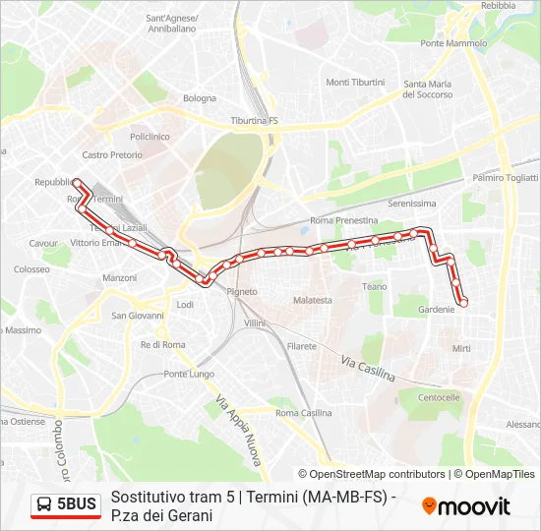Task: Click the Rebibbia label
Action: (499, 6)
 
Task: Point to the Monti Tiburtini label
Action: (355, 82)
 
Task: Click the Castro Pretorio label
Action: (111, 155)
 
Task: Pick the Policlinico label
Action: (150, 137)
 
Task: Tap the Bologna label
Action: (199, 98)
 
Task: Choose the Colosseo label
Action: (31, 268)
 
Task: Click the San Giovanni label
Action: (137, 316)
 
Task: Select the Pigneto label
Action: (242, 292)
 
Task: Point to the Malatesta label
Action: (313, 300)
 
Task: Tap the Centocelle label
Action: (439, 397)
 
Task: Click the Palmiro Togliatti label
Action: (505, 178)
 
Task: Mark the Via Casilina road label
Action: (368, 371)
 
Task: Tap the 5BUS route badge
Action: (66, 504)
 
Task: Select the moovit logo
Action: (466, 506)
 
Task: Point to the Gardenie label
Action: (437, 309)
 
